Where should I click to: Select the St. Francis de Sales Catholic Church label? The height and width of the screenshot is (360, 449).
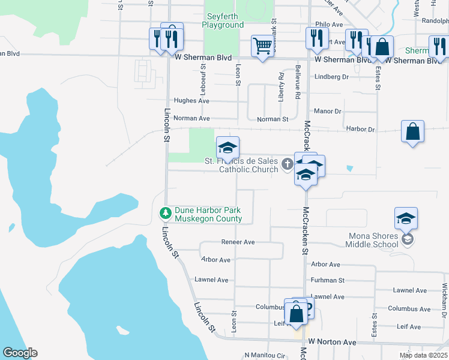pyautogui.click(x=241, y=165)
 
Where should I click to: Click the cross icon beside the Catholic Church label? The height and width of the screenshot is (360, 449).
pyautogui.click(x=288, y=163)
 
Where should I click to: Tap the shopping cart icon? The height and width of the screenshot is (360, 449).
pyautogui.click(x=262, y=46)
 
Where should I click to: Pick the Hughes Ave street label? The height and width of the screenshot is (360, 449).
pyautogui.click(x=191, y=101)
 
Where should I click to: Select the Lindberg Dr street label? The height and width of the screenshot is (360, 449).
pyautogui.click(x=331, y=77)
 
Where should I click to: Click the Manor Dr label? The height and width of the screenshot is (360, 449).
pyautogui.click(x=327, y=112)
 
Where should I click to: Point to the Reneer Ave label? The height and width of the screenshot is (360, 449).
pyautogui.click(x=238, y=242)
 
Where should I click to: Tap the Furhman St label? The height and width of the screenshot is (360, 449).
pyautogui.click(x=327, y=280)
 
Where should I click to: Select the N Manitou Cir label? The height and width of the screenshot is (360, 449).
pyautogui.click(x=265, y=355)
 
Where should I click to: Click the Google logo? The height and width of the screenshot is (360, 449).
pyautogui.click(x=20, y=353)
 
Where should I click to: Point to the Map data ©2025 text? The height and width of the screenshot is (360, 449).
pyautogui.click(x=423, y=355)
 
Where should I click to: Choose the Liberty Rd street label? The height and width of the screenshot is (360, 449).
pyautogui.click(x=281, y=87)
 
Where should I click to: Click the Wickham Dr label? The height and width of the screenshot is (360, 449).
pyautogui.click(x=444, y=300)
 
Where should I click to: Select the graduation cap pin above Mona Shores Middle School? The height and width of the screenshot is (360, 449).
pyautogui.click(x=406, y=218)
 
